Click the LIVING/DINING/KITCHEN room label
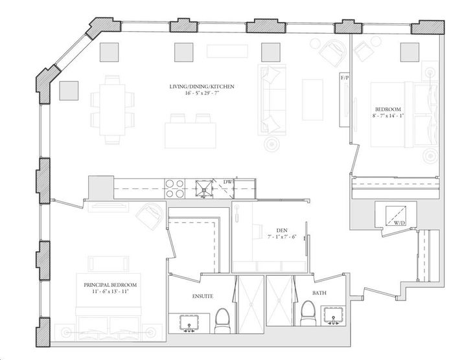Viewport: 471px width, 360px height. (201, 87)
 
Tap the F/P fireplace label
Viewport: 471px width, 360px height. (345, 78)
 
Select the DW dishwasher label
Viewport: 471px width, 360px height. (228, 182)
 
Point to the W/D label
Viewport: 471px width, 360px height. (400, 223)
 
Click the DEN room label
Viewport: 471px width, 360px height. (282, 231)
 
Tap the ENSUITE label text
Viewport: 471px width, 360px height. (203, 297)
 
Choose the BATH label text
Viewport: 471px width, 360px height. (319, 293)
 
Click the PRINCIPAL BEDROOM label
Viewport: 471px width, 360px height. (110, 285)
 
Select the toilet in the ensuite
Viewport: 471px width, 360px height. (222, 321)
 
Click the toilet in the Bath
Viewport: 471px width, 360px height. (308, 313)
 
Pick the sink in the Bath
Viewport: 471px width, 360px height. (334, 315)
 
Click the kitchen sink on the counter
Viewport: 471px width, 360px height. (204, 188)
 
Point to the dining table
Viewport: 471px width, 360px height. (112, 110)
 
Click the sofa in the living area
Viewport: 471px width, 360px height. (272, 100)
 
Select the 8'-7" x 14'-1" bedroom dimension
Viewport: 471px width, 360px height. (387, 116)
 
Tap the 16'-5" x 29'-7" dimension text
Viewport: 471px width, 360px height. (201, 93)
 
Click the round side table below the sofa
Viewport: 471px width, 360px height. (272, 144)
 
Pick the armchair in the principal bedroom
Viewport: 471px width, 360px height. (149, 216)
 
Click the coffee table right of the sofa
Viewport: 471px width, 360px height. (313, 100)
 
